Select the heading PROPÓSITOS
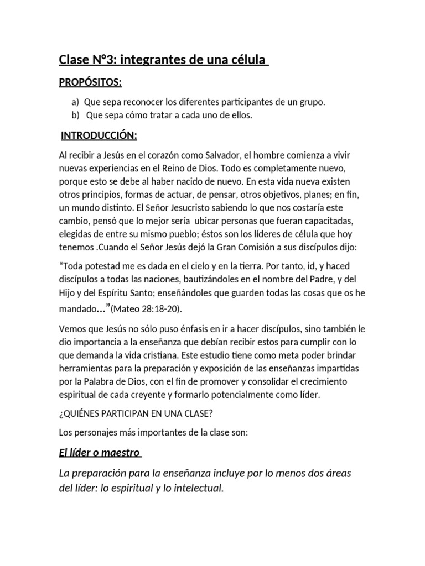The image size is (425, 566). tap(90, 82)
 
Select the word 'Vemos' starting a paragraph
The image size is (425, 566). tap(72, 328)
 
